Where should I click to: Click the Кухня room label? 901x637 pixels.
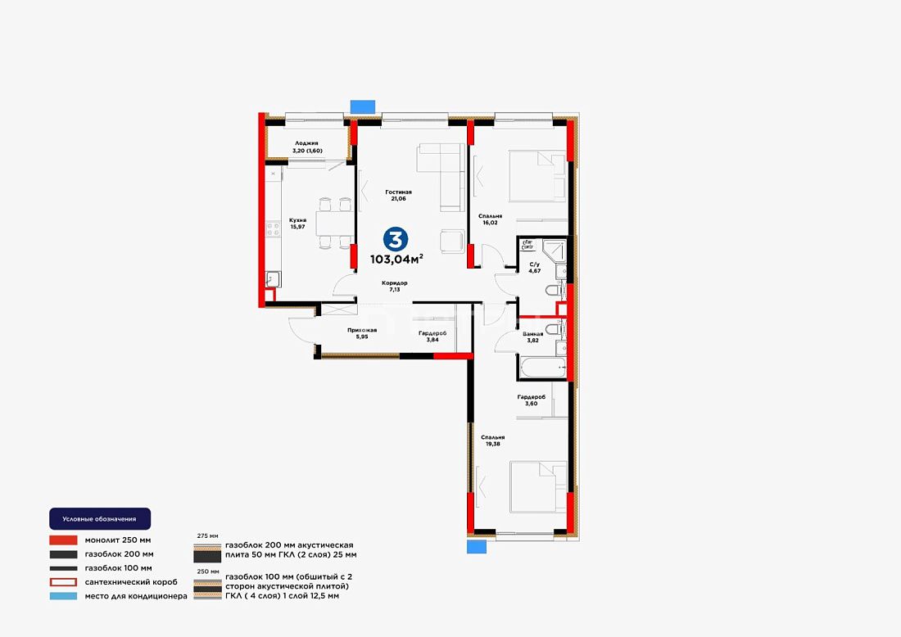point(297,224)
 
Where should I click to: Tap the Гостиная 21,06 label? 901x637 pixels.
point(398,196)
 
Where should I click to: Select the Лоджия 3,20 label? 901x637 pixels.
point(307,147)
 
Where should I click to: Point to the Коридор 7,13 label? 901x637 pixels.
point(395,286)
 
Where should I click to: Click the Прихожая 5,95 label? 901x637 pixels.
point(362,333)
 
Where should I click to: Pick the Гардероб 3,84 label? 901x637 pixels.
point(432,336)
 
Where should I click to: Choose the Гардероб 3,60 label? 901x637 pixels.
point(531,400)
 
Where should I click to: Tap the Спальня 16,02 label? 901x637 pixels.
point(490,219)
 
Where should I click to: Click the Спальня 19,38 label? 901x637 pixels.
point(492,440)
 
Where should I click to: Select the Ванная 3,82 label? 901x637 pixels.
point(532,337)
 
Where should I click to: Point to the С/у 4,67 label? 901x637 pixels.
point(534,268)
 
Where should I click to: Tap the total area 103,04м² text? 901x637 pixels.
point(396,259)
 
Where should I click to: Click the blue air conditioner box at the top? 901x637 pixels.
point(363,106)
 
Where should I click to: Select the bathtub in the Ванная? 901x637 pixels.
point(542,368)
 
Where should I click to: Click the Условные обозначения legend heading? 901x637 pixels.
point(99,518)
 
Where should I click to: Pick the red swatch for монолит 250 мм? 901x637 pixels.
point(63,540)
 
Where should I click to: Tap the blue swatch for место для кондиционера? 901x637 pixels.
point(63,596)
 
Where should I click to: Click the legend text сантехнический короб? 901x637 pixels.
point(131,582)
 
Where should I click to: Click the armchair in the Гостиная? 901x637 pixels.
point(452,242)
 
